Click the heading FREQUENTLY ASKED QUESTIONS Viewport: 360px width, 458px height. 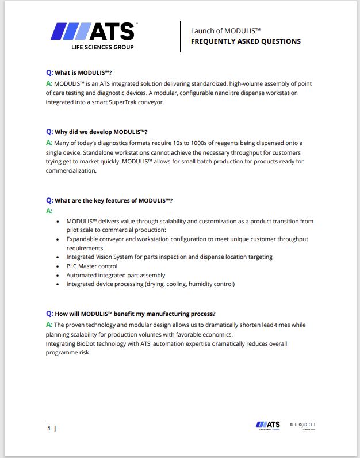point(246,41)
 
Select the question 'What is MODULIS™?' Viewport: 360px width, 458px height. point(83,73)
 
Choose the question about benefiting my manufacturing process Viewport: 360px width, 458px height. point(135,314)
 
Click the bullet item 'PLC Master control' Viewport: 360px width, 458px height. point(92,266)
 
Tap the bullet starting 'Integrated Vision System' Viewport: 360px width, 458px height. point(169,257)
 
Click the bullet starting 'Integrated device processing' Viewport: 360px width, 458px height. point(150,284)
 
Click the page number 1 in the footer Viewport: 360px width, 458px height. point(49,429)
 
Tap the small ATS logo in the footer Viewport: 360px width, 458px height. point(268,425)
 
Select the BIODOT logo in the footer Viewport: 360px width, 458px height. point(302,425)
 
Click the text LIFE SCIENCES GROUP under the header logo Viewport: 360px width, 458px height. point(102,47)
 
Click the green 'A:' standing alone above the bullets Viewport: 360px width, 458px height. point(49,211)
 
